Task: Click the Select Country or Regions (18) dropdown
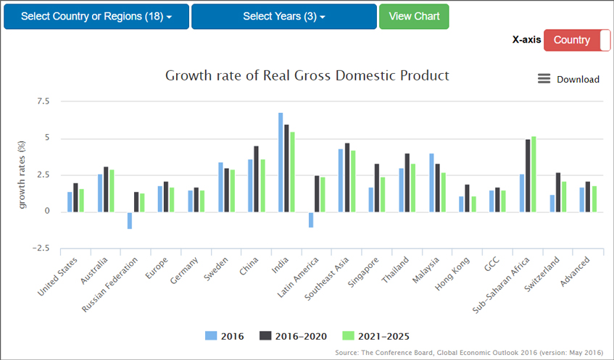[x=96, y=17]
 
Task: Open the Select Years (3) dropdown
[x=283, y=17]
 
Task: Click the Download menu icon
[x=544, y=79]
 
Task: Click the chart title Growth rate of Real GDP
[x=307, y=75]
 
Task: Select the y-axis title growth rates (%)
[x=22, y=175]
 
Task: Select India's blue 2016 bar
[x=281, y=162]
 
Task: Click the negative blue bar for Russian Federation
[x=130, y=220]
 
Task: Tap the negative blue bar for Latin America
[x=311, y=219]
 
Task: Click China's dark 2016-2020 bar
[x=256, y=179]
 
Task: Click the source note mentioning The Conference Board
[x=468, y=353]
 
